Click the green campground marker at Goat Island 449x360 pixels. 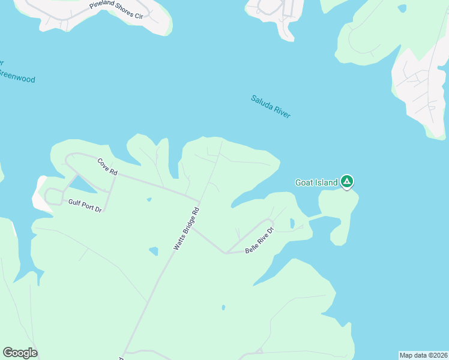[x=346, y=181]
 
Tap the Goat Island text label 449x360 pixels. [x=316, y=182]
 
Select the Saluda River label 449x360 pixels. [x=271, y=106]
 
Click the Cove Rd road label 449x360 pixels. [x=108, y=167]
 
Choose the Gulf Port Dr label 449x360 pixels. [x=85, y=205]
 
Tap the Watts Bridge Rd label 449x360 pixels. [x=186, y=229]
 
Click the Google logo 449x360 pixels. [x=20, y=353]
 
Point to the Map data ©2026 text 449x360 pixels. [x=423, y=355]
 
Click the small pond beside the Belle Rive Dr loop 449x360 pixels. [x=292, y=223]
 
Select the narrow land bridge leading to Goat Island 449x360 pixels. [x=315, y=216]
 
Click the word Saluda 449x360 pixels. [x=262, y=101]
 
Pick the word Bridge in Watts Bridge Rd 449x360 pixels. [x=186, y=229]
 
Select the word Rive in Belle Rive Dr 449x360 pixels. [x=261, y=240]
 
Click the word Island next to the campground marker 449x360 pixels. [x=325, y=182]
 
